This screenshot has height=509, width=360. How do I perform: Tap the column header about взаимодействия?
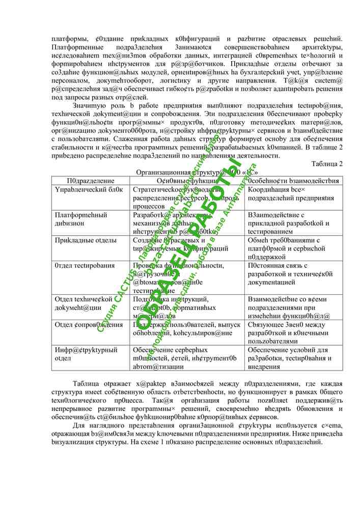[x=294, y=181]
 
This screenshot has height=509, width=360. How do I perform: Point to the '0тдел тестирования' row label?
[x=85, y=266]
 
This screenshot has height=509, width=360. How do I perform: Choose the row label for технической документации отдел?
[x=84, y=303]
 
